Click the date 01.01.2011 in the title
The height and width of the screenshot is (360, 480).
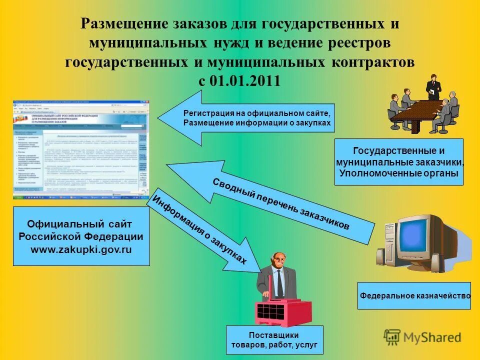pos(246,81)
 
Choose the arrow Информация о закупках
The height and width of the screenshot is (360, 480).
pos(200,230)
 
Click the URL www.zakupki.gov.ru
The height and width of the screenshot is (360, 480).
pos(81,249)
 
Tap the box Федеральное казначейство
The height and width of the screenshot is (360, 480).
pos(414,295)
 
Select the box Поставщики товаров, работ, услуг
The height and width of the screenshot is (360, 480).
pos(274,340)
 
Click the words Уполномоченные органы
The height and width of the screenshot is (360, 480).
pos(398,173)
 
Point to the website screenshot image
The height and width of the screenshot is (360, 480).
pos(81,148)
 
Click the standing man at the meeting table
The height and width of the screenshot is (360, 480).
pos(433,87)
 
